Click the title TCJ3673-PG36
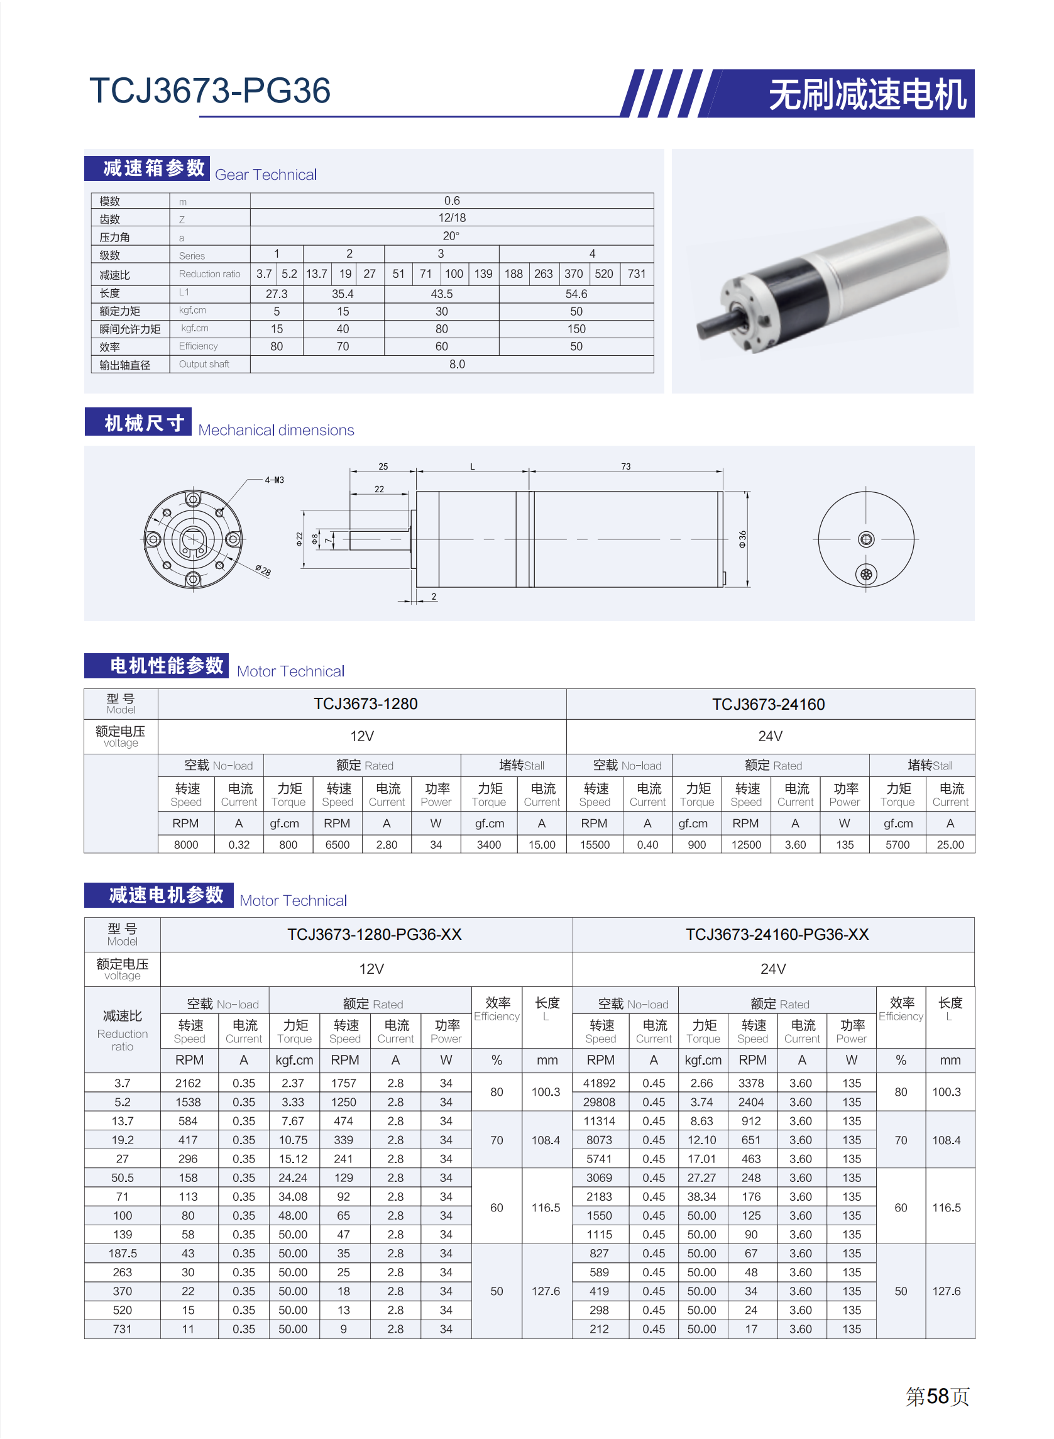pos(210,91)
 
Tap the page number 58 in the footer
pos(937,1396)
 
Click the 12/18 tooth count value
pos(452,218)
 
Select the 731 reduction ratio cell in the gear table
pos(636,273)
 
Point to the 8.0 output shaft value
pos(457,364)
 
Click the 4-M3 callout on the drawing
pos(275,480)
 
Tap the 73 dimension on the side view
pos(625,466)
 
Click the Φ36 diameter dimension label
pos(742,539)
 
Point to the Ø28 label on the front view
pos(263,570)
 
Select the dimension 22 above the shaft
pos(379,489)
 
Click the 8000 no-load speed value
pos(185,844)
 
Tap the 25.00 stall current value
pos(950,844)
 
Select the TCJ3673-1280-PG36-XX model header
pos(374,934)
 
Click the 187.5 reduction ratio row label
pos(123,1254)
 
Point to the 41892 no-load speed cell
pos(599,1083)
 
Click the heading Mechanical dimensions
pos(277,430)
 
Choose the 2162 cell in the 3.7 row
pos(188,1083)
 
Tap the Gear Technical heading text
pos(265,175)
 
